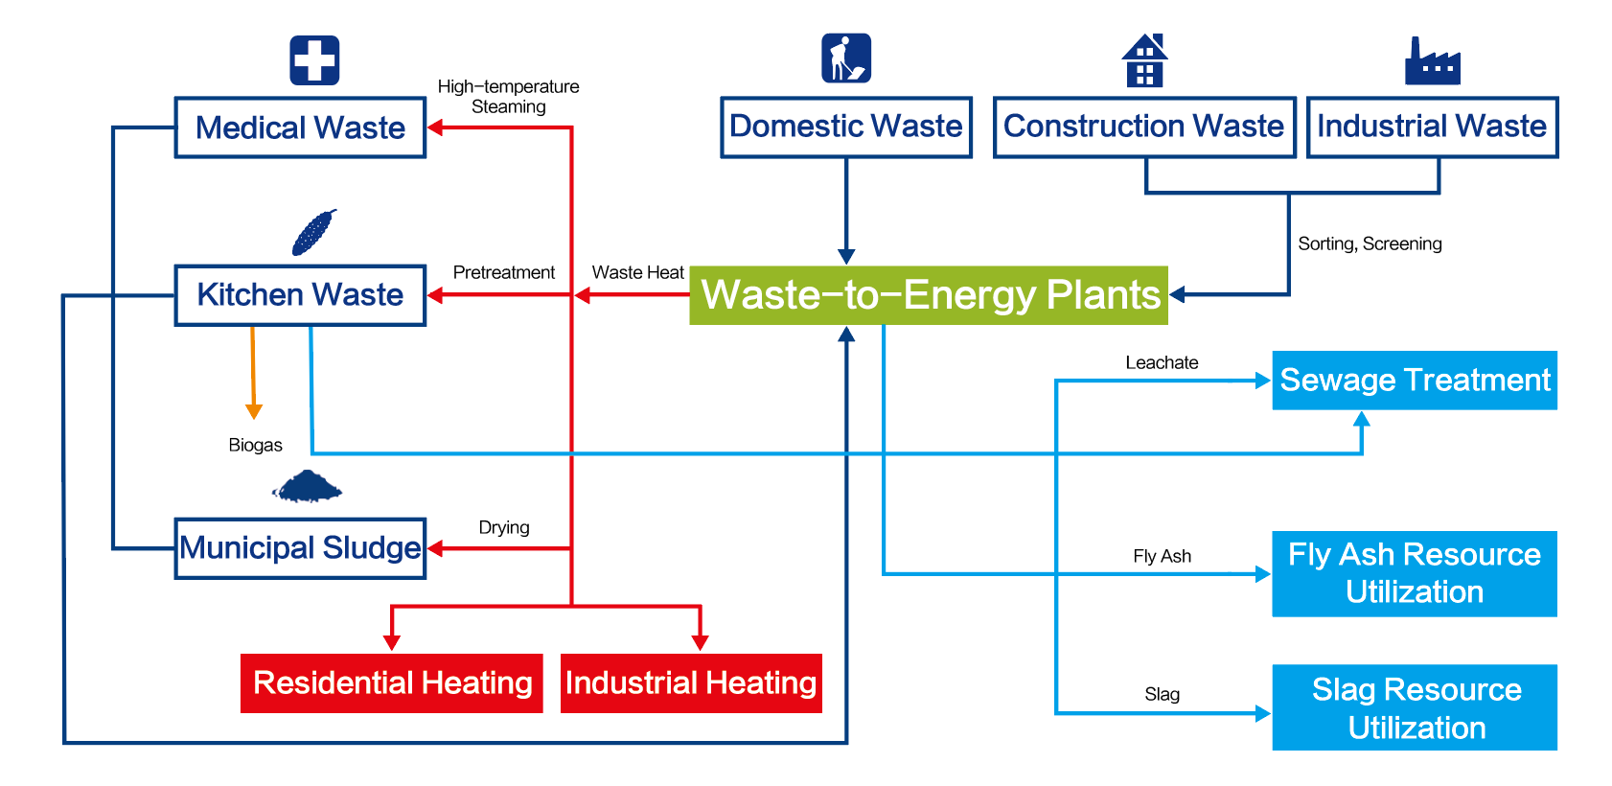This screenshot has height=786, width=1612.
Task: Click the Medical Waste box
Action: pos(300,127)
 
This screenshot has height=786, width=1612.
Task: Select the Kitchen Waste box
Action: pos(300,295)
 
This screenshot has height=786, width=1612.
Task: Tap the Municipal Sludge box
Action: pos(300,548)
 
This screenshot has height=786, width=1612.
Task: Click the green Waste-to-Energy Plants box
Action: pos(929,295)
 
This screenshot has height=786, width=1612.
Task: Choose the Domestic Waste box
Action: pos(846,127)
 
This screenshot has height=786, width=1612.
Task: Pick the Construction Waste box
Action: pos(1144,127)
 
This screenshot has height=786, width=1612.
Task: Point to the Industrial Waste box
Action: pos(1432,127)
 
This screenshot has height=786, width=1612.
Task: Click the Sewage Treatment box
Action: pos(1415,381)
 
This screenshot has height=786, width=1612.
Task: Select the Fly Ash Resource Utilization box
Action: pos(1415,573)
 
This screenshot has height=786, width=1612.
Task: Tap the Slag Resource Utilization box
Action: pos(1415,707)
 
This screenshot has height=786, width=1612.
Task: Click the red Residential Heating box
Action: pos(392,683)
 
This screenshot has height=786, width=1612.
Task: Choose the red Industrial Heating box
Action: pos(691,683)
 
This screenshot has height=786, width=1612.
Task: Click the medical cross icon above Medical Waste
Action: pos(314,60)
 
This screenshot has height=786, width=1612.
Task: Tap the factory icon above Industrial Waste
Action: pos(1432,62)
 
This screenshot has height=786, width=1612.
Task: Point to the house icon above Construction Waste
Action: pos(1144,60)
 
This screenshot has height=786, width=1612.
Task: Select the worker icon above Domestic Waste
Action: pos(846,58)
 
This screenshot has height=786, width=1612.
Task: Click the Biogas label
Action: pos(255,445)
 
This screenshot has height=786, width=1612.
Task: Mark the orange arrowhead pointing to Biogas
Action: pos(254,411)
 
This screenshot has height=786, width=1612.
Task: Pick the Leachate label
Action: pos(1162,362)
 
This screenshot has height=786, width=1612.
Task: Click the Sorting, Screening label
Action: pos(1370,243)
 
